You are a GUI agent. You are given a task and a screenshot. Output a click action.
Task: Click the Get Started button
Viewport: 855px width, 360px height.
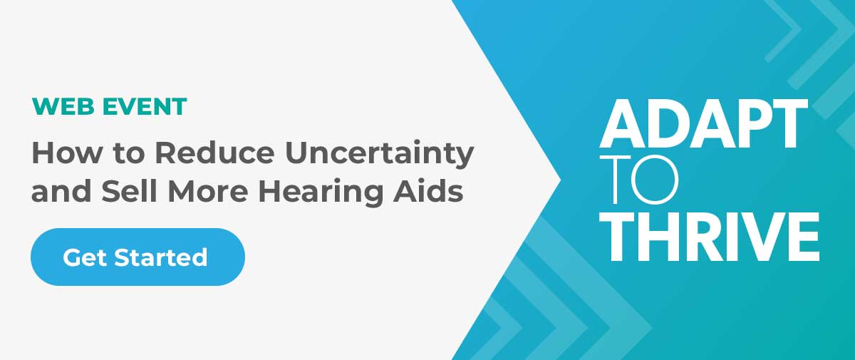click(138, 257)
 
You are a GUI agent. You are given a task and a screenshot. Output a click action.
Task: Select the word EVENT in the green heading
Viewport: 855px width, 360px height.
click(145, 106)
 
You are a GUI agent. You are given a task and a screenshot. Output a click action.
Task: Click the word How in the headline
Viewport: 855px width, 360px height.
click(67, 153)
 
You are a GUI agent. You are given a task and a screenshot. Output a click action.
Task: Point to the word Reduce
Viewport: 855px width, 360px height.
click(215, 153)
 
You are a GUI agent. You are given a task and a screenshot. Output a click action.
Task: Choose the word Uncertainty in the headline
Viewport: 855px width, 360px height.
click(379, 155)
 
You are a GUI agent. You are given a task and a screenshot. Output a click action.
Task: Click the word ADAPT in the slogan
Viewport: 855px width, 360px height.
click(703, 124)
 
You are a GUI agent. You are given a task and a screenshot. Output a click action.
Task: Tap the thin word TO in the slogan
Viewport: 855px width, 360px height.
click(638, 179)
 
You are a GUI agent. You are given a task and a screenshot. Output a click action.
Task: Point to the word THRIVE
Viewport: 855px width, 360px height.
click(709, 237)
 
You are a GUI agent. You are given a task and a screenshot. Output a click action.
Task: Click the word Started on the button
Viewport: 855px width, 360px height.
click(161, 257)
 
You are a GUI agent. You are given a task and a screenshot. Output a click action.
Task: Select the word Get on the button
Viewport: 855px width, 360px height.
click(84, 257)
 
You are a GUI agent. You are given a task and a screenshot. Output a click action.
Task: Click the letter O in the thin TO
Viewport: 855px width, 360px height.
click(655, 179)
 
